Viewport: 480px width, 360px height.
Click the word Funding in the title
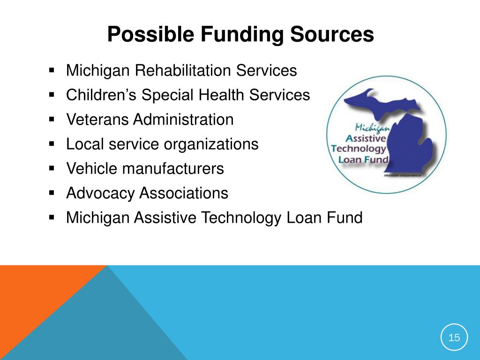point(242,34)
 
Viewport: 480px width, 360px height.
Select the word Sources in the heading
point(332,34)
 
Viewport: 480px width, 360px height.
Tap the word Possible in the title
point(150,34)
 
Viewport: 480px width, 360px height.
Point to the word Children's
point(101,95)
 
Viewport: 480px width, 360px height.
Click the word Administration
point(183,120)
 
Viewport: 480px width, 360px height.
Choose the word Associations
point(184,193)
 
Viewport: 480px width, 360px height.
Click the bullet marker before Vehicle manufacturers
point(52,168)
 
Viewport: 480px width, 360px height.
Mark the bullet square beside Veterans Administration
point(52,120)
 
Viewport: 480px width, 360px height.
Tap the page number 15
point(454,337)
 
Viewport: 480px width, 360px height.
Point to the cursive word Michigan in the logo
point(373,127)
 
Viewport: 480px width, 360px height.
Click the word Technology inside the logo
point(359,149)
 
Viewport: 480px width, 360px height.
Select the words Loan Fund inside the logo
point(363,159)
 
